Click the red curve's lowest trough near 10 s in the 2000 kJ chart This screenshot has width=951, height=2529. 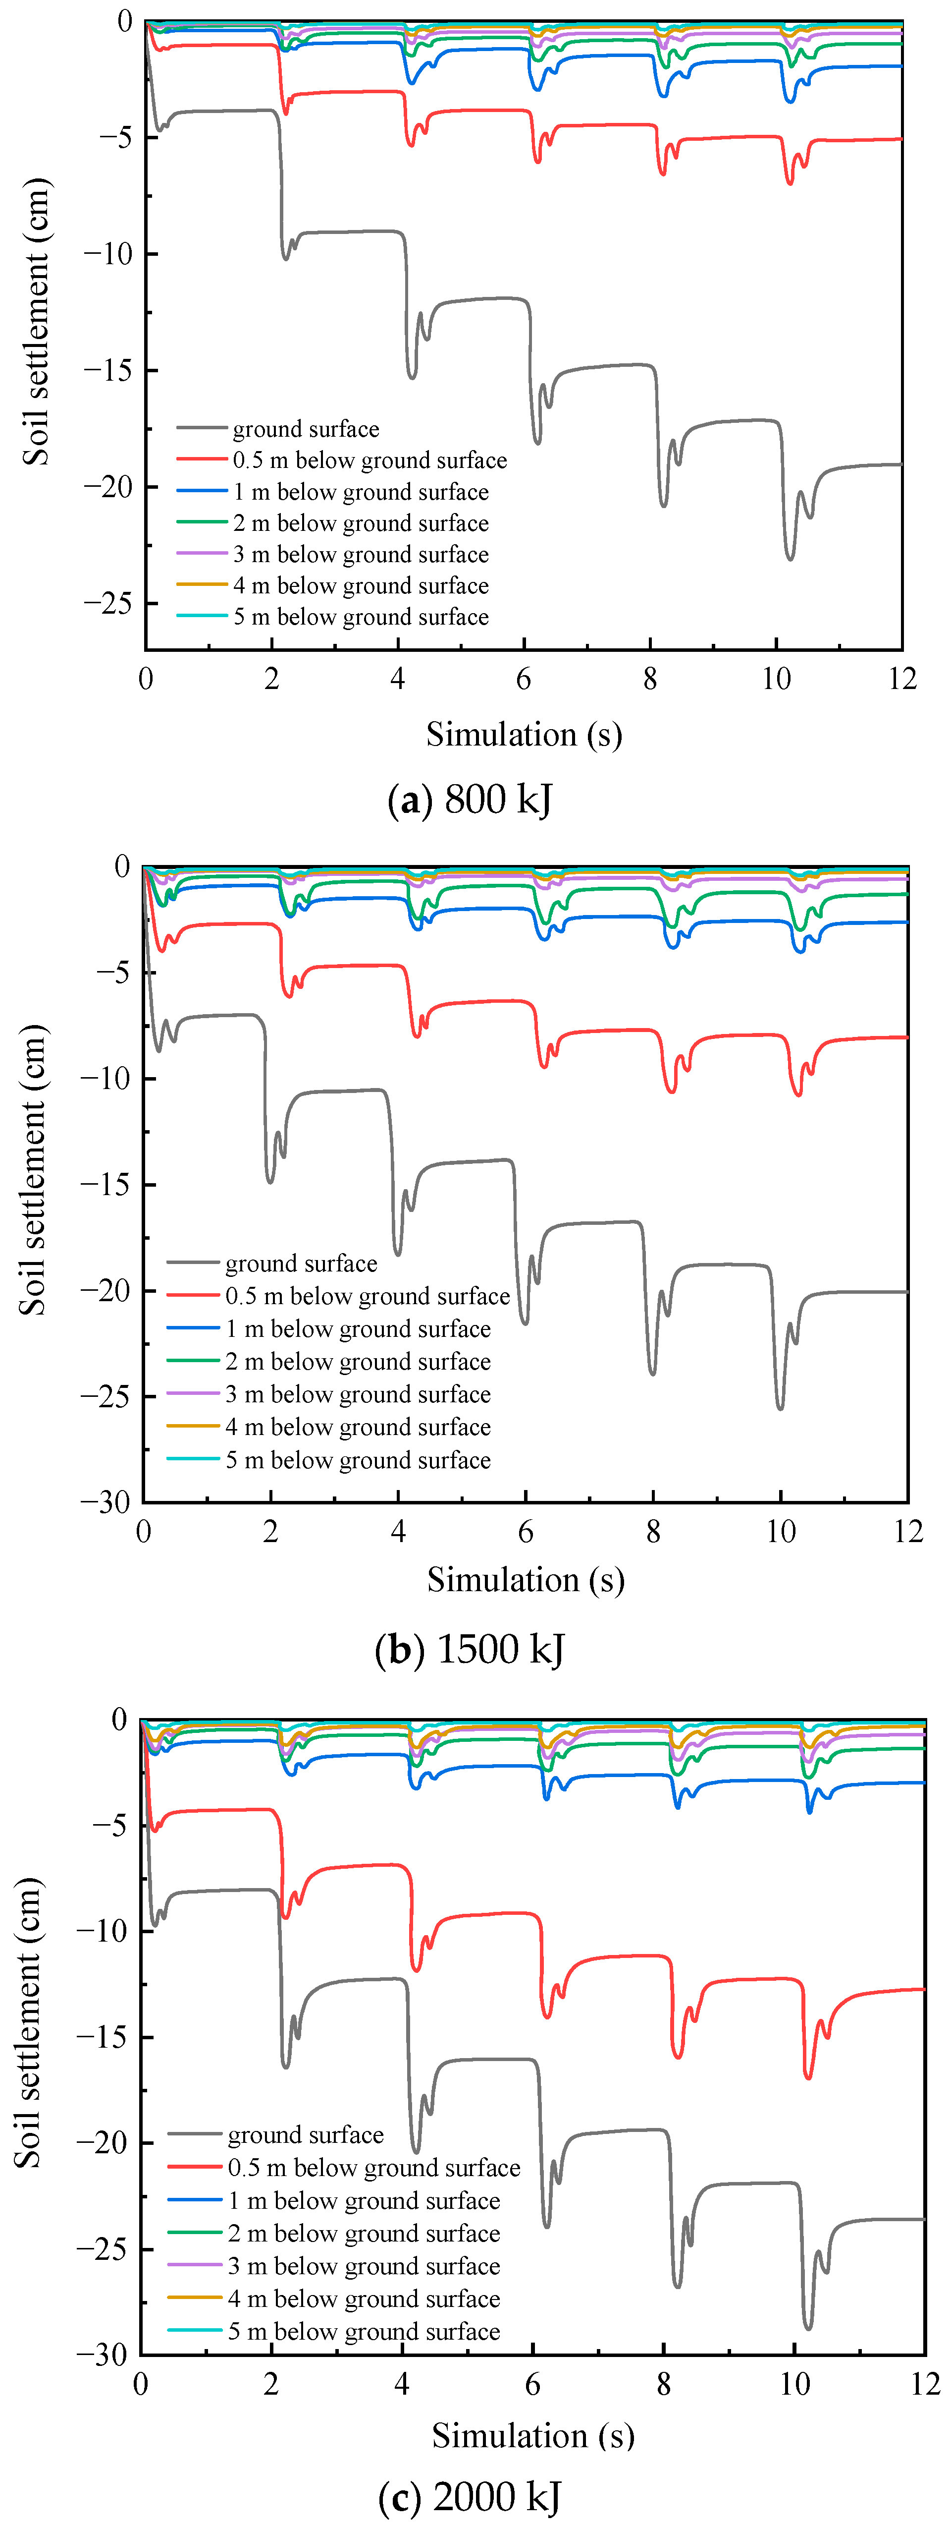808,2076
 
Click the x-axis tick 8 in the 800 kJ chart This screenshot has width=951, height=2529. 650,680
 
